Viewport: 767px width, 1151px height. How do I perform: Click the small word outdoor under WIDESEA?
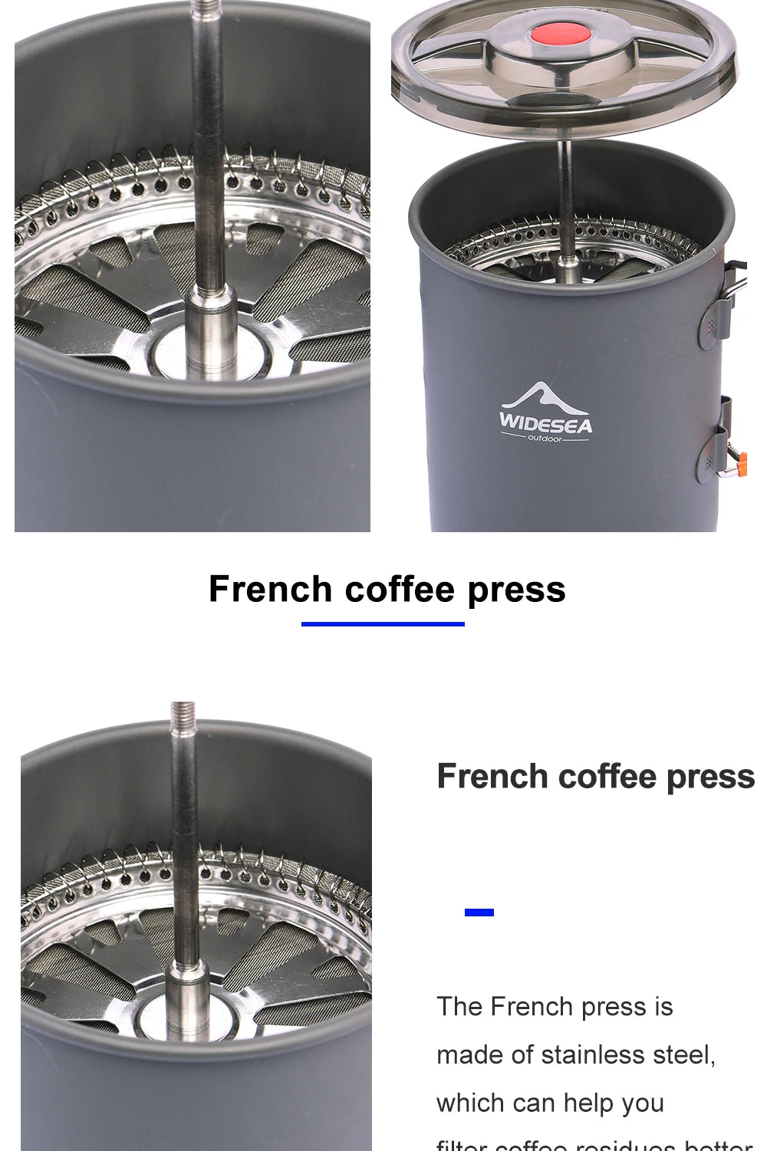[545, 438]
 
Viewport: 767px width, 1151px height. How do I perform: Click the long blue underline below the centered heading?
[383, 623]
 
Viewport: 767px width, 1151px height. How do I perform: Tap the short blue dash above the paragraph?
[479, 912]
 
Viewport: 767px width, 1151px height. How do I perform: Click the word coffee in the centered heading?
[400, 590]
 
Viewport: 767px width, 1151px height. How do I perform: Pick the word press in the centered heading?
[516, 590]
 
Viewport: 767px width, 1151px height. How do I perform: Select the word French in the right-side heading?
[492, 776]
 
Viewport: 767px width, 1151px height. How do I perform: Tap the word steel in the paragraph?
[683, 1055]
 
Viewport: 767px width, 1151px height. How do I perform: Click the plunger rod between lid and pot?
[565, 184]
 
